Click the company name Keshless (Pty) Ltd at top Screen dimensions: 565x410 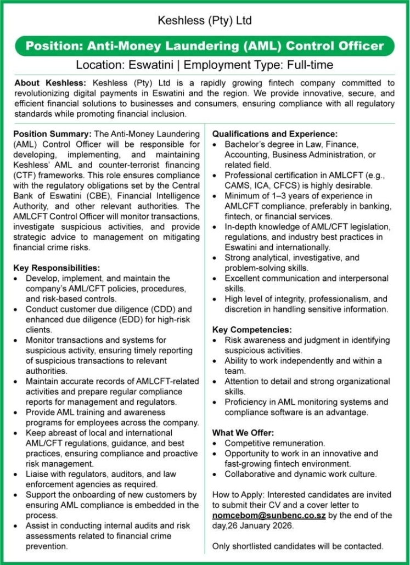click(205, 21)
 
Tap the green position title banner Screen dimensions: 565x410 click(205, 46)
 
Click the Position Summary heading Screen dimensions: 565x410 click(53, 134)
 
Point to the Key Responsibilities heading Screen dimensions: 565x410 click(57, 268)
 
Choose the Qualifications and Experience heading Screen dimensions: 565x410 click(274, 134)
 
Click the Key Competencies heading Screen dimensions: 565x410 click(252, 330)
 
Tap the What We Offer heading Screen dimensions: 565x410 click(243, 433)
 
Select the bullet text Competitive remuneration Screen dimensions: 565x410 click(275, 443)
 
